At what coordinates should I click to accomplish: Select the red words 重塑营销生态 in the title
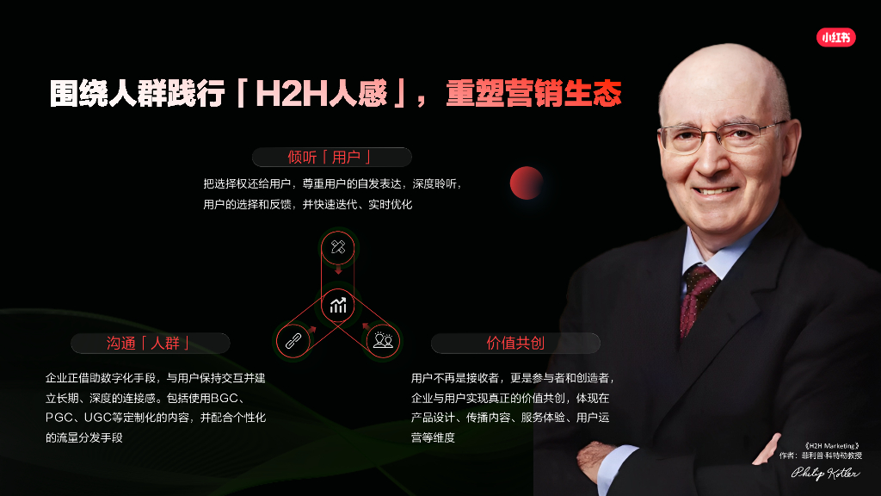(x=533, y=94)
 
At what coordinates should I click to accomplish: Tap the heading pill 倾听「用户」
(x=331, y=157)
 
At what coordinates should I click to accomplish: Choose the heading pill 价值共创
(x=515, y=343)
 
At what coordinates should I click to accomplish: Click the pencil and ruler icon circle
(x=337, y=248)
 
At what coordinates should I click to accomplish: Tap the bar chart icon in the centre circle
(x=337, y=305)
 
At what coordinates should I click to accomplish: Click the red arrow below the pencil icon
(x=337, y=271)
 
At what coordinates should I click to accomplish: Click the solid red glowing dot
(x=527, y=183)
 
